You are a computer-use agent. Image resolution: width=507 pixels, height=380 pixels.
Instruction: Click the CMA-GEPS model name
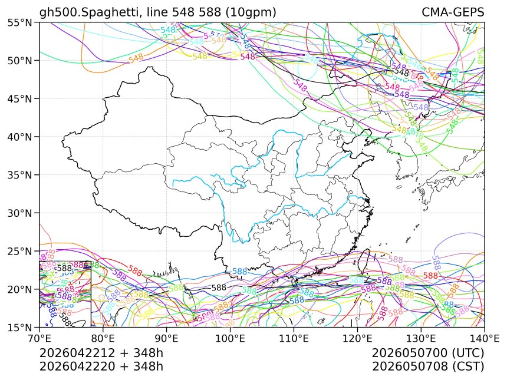point(453,12)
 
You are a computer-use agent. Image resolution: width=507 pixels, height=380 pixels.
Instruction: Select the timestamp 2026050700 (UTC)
point(428,353)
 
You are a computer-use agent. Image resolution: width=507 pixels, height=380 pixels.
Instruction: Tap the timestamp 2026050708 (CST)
point(428,366)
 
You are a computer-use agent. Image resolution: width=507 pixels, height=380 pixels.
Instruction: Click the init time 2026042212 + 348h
point(101,353)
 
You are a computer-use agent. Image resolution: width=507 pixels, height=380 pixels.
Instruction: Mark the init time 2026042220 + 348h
point(101,366)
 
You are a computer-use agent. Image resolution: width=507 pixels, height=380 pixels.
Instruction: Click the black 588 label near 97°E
point(219,288)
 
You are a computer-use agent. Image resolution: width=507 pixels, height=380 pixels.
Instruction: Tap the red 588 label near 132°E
point(431,276)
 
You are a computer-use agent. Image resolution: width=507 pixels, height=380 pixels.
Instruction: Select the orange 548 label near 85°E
point(136,59)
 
